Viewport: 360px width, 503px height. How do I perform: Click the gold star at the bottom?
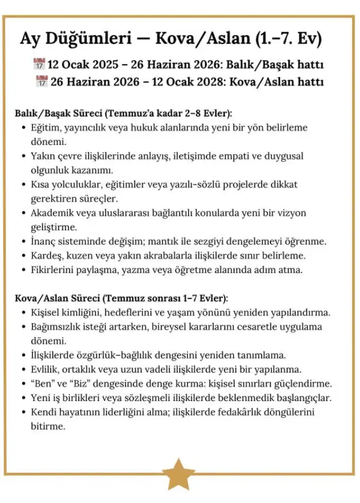coord(179,475)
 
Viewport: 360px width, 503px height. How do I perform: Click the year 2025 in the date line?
coord(103,65)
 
